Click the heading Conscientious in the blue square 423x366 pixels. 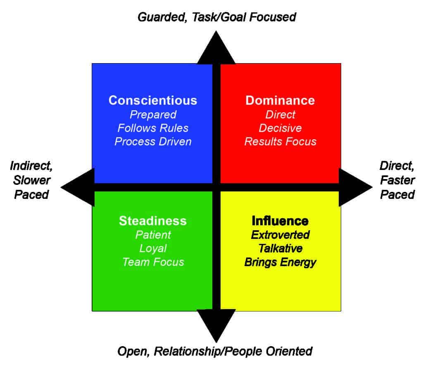[x=153, y=100]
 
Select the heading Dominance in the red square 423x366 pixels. [x=280, y=100]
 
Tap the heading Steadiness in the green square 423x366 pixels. [x=153, y=221]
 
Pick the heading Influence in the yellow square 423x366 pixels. [x=280, y=221]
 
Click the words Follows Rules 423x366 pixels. [x=153, y=128]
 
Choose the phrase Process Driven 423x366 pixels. [x=153, y=142]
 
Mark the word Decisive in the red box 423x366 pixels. [x=280, y=128]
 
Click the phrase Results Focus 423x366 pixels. [x=280, y=142]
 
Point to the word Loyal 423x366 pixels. [x=153, y=248]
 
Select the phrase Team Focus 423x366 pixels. [x=153, y=262]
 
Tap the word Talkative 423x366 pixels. [x=280, y=248]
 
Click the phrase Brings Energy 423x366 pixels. [x=280, y=262]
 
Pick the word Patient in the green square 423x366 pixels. [x=153, y=235]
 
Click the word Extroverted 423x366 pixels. [x=280, y=235]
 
